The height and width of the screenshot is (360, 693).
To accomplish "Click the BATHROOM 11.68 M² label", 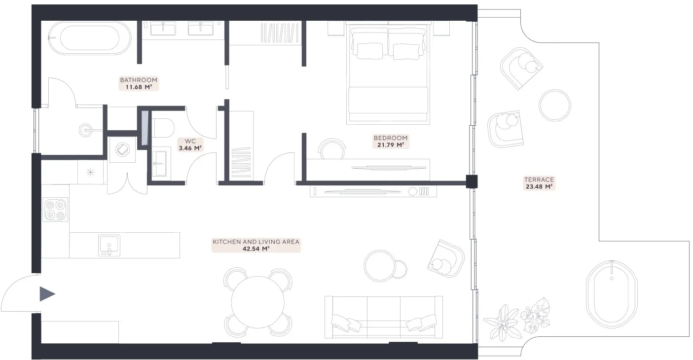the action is pyautogui.click(x=139, y=83).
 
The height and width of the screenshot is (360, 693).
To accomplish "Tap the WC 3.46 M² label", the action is pyautogui.click(x=190, y=145).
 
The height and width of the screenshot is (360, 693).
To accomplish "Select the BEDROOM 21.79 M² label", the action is pyautogui.click(x=391, y=142).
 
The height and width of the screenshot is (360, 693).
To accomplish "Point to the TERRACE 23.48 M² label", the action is pyautogui.click(x=539, y=183).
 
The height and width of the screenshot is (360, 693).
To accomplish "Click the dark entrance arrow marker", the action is pyautogui.click(x=47, y=294).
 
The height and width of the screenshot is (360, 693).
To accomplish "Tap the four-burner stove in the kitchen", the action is pyautogui.click(x=55, y=210).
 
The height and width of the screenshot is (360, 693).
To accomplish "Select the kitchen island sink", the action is pyautogui.click(x=109, y=246).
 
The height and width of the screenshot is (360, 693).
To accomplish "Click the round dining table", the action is pyautogui.click(x=257, y=302).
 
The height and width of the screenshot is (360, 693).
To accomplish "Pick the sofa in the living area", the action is pyautogui.click(x=384, y=317).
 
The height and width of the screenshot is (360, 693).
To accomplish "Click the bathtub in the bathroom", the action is pyautogui.click(x=90, y=38).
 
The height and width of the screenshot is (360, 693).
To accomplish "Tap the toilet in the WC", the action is pyautogui.click(x=163, y=128).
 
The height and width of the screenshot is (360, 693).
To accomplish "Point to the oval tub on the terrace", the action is pyautogui.click(x=612, y=294).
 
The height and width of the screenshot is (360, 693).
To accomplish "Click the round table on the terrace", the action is pyautogui.click(x=555, y=105).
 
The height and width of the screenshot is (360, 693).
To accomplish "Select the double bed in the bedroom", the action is pyautogui.click(x=388, y=73).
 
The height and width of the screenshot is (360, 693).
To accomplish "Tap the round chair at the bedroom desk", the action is pyautogui.click(x=331, y=149).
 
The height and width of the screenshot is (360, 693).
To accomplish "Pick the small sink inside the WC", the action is pyautogui.click(x=160, y=163).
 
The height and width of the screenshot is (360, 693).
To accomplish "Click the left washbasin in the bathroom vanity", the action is pyautogui.click(x=163, y=29).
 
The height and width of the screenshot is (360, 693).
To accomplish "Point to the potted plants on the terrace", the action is pyautogui.click(x=516, y=319).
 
